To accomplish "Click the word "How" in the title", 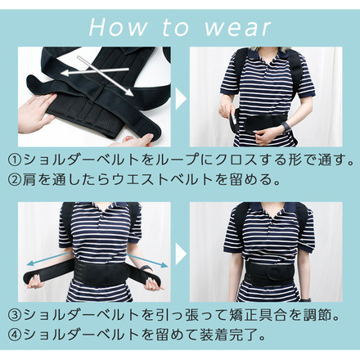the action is (118, 27).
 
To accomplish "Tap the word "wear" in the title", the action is (237, 28).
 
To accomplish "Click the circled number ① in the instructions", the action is (15, 160).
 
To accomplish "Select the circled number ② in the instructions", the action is (15, 180).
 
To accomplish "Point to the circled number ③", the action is (15, 315).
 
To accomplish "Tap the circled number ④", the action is (15, 335).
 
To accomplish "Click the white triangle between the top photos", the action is (181, 98).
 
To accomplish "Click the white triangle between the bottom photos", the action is (181, 254).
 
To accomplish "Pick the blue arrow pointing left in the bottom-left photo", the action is (47, 259).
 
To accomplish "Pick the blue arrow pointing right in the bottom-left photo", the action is (147, 260).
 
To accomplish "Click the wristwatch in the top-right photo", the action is (286, 127).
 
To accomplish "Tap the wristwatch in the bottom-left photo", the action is (146, 268).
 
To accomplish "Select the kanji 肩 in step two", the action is (29, 180).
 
